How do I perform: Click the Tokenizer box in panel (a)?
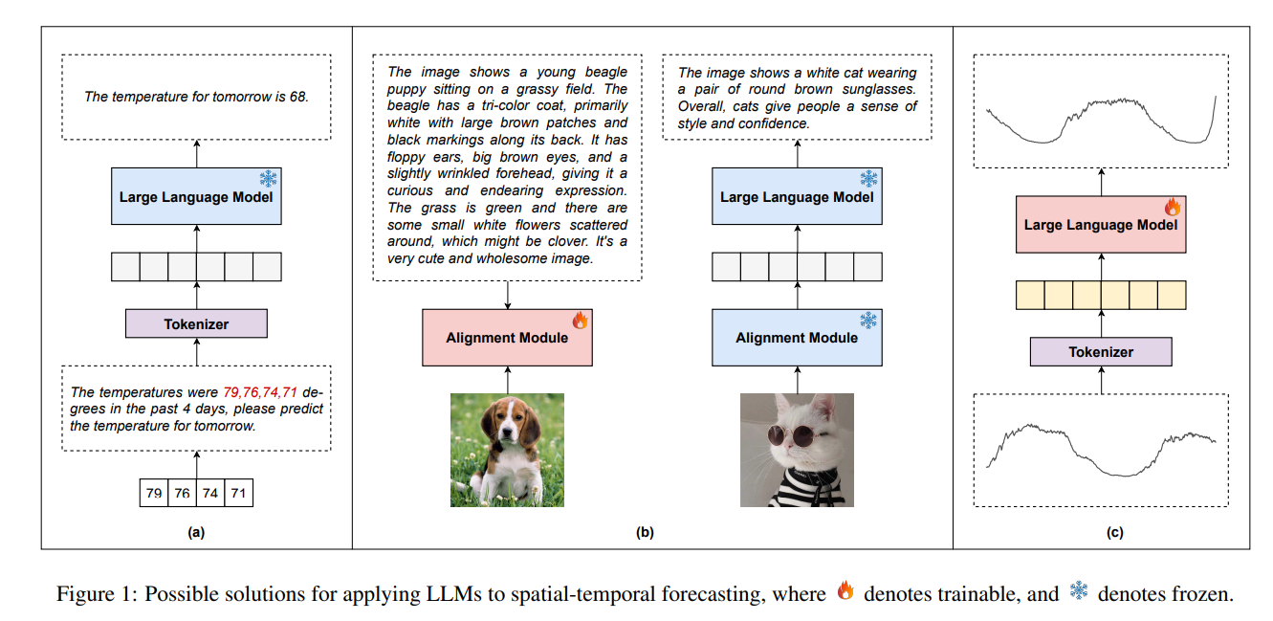coord(196,324)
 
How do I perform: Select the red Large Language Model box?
coord(1100,226)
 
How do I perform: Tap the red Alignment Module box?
coord(507,338)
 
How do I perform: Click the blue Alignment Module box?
coord(797,338)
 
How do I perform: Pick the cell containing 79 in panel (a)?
coord(154,494)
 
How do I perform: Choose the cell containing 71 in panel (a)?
coord(238,494)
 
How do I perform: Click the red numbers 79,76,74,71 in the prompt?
coord(259,392)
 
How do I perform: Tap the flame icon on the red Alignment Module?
coord(580,321)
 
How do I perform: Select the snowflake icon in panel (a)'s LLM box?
coord(269,179)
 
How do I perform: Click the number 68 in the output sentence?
coord(298,97)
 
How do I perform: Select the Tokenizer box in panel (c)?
coord(1100,352)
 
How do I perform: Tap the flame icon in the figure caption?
coord(845,592)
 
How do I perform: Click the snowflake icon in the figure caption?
coord(1079,592)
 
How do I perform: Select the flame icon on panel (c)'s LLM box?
coord(1172,207)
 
